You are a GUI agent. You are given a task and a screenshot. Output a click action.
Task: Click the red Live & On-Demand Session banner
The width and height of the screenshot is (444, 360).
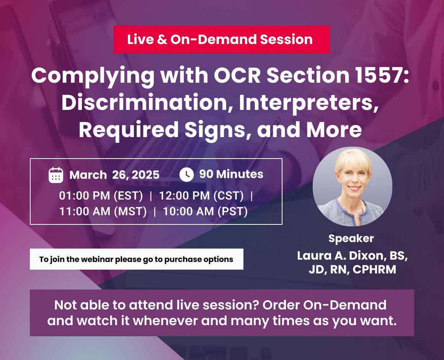pyautogui.click(x=222, y=40)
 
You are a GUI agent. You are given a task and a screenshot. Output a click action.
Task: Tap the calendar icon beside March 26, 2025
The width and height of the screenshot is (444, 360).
pyautogui.click(x=56, y=175)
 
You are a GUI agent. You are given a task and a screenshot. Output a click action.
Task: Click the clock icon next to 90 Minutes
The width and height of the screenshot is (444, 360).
pyautogui.click(x=187, y=175)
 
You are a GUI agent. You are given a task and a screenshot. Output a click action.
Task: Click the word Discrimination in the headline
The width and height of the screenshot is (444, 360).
pyautogui.click(x=144, y=103)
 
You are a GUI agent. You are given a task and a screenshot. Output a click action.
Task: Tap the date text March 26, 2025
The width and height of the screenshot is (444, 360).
pyautogui.click(x=114, y=175)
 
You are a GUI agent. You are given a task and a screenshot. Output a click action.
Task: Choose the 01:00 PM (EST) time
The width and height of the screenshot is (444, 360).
pyautogui.click(x=101, y=196)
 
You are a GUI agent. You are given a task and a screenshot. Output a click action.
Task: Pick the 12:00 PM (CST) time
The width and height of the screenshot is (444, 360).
pyautogui.click(x=201, y=196)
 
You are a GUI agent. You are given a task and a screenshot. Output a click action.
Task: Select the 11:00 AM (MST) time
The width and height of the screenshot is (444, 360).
pyautogui.click(x=103, y=211)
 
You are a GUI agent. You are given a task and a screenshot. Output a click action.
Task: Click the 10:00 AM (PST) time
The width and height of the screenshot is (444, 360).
pyautogui.click(x=205, y=211)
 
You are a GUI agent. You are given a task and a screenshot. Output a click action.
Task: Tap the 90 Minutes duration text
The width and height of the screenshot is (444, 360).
pyautogui.click(x=231, y=174)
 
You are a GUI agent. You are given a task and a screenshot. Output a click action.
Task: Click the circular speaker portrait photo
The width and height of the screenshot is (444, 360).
pyautogui.click(x=352, y=187)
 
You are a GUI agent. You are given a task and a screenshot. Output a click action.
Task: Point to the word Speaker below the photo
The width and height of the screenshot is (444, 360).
pyautogui.click(x=351, y=239)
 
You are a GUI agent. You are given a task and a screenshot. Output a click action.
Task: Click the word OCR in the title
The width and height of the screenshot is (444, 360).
pyautogui.click(x=237, y=75)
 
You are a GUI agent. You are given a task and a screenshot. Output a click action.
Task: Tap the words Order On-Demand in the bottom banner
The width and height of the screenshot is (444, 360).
pyautogui.click(x=325, y=305)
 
